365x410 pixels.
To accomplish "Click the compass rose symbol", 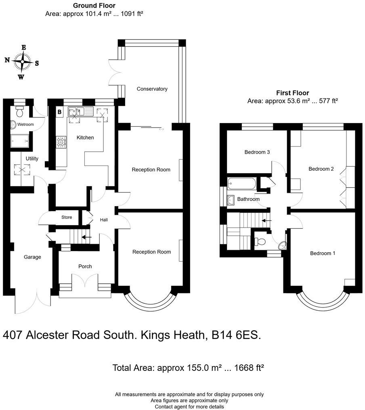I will (23, 62).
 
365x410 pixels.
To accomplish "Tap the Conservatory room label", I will (152, 89).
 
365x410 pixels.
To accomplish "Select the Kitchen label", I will (85, 138).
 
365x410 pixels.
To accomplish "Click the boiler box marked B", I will (59, 112).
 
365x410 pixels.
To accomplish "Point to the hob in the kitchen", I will (61, 141).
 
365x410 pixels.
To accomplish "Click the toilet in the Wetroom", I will (20, 109).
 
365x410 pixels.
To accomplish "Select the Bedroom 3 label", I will (257, 152).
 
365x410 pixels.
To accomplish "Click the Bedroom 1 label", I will (323, 253).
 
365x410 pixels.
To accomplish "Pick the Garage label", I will (32, 257).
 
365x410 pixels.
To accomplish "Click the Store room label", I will (67, 218).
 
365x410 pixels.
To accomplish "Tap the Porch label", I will (85, 266).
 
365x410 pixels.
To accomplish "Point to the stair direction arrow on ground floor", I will (86, 237).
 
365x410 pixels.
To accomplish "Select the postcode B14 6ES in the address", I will (236, 335).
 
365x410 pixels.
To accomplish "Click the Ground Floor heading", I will (94, 6).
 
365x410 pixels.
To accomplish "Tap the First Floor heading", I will (292, 93).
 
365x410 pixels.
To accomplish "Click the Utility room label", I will (32, 159).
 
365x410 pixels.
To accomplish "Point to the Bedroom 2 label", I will (321, 169).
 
